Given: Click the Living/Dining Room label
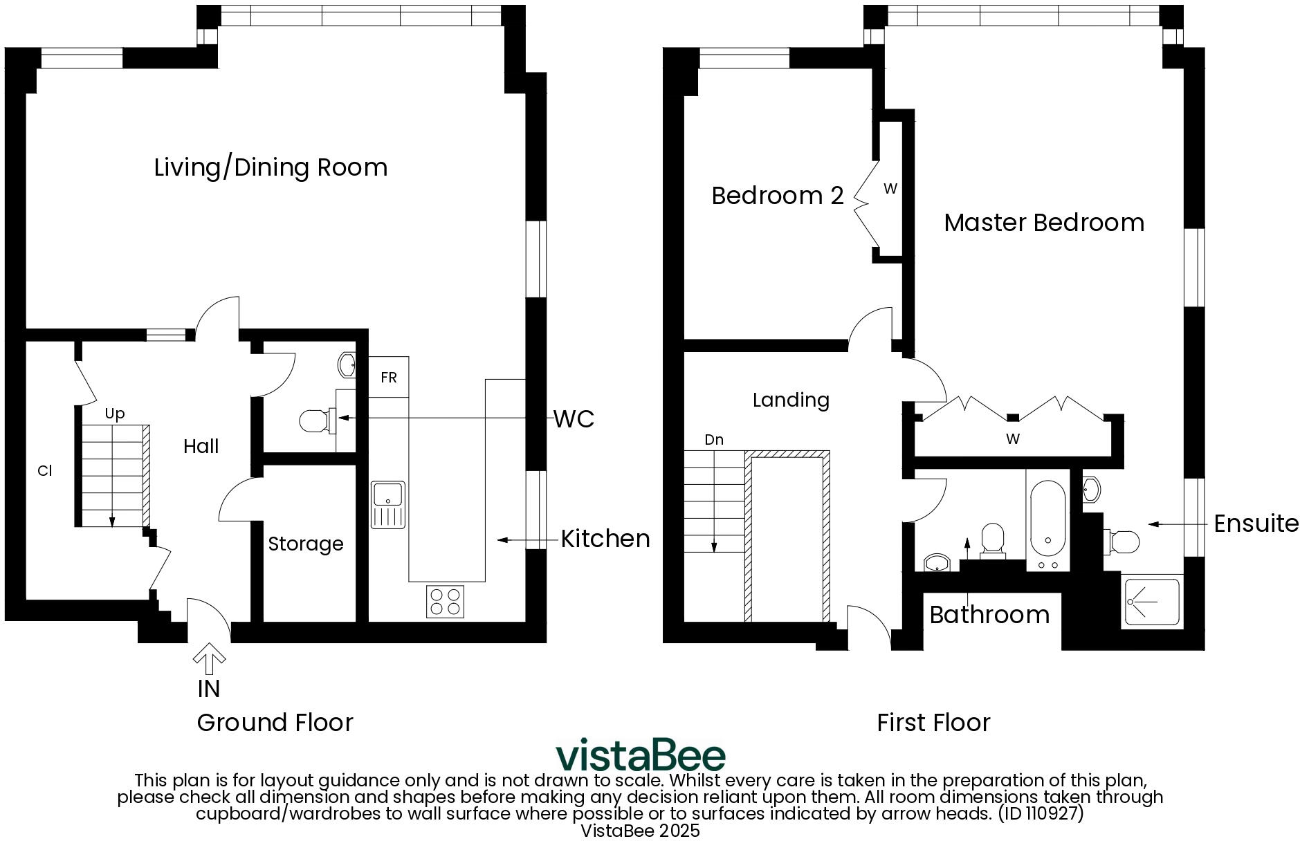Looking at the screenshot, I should (x=271, y=167).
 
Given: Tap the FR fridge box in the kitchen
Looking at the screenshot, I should (x=388, y=377).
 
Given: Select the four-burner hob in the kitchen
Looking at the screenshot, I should (x=445, y=601).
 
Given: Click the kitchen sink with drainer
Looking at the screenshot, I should (x=388, y=505).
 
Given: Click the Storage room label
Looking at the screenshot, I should (x=305, y=544).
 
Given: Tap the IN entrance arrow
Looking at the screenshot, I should (x=209, y=660).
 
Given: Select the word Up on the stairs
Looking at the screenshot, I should (x=114, y=414).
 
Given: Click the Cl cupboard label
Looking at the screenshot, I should (x=44, y=471).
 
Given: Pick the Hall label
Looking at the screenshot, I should (x=201, y=446).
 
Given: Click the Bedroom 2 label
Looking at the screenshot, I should (x=777, y=196).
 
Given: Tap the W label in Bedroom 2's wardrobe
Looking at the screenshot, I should (x=890, y=189).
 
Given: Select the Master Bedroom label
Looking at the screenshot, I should (x=1043, y=223).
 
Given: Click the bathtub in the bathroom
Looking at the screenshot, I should (x=1047, y=522).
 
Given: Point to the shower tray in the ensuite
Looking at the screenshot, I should (x=1151, y=601).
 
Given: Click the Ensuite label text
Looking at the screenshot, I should (x=1256, y=524).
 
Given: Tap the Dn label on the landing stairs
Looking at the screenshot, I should (x=713, y=440).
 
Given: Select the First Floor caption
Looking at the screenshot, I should (x=933, y=723).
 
